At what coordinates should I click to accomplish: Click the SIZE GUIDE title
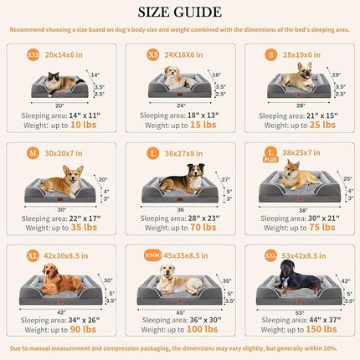point(180,12)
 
